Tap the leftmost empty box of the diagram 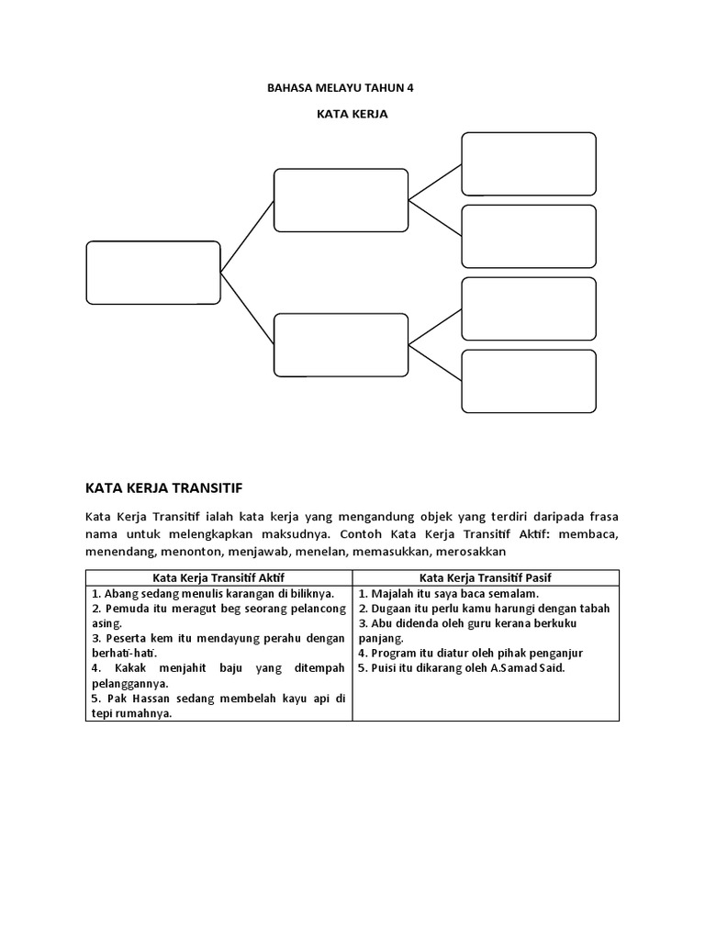point(153,272)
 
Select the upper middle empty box point(341,199)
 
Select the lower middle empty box point(341,345)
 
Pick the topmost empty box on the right point(529,163)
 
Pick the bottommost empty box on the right point(529,381)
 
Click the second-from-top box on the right point(529,236)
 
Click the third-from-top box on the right point(529,308)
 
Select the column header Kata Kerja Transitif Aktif point(218,577)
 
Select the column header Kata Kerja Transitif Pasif point(485,577)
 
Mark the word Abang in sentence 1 point(122,593)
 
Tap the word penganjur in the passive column point(551,653)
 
